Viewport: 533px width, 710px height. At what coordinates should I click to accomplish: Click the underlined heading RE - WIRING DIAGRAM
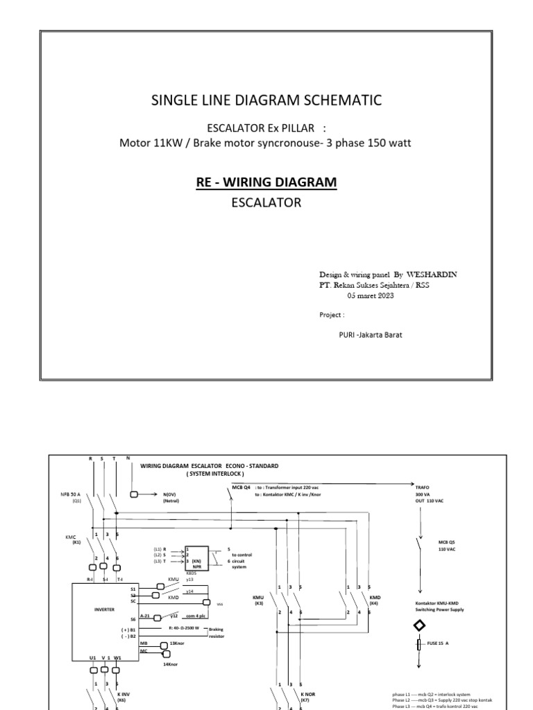[267, 182]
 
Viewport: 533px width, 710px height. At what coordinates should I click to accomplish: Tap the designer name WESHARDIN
[432, 275]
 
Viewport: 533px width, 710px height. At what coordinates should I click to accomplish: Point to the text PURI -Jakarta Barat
[370, 335]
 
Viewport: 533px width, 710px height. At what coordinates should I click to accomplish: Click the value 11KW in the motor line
[167, 144]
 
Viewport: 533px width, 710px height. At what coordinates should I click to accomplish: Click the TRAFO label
[413, 487]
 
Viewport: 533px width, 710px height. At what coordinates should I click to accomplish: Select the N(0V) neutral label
[171, 494]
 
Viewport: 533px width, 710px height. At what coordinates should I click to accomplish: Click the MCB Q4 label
[241, 487]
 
